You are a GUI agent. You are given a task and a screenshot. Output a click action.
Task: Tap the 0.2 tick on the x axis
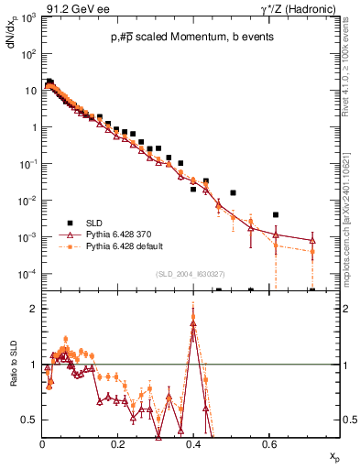click(x=117, y=442)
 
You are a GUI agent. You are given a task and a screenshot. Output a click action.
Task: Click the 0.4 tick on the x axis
click(x=192, y=442)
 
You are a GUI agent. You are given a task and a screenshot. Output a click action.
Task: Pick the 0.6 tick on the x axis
click(x=267, y=442)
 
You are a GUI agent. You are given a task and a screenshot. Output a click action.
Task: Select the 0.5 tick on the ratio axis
click(x=30, y=420)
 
